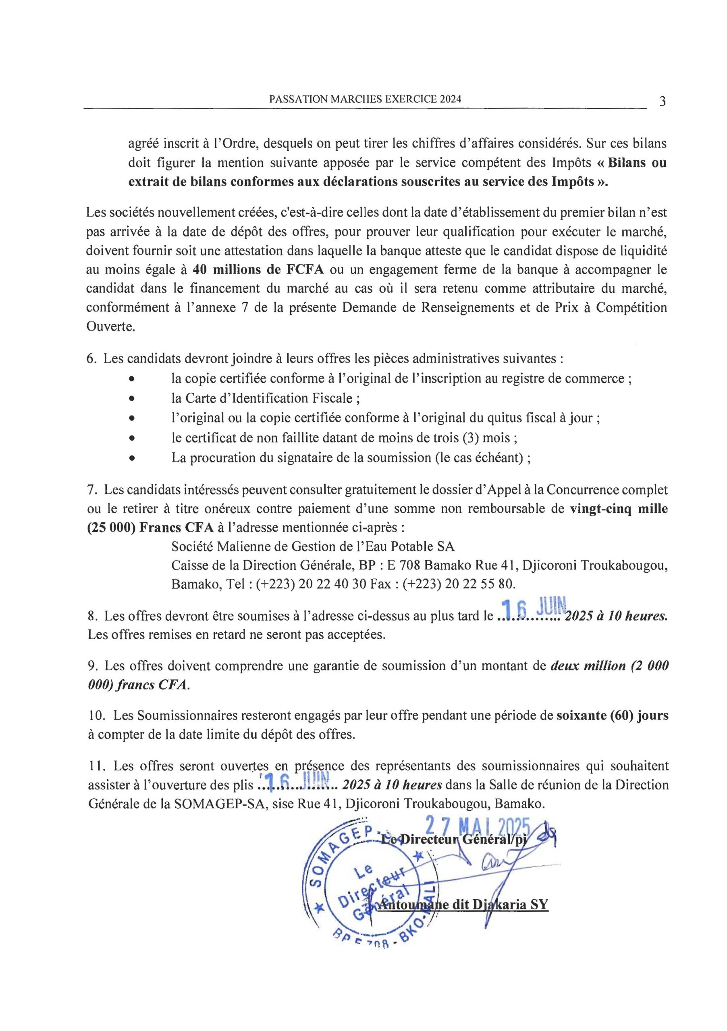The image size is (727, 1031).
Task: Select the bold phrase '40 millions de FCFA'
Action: coord(259,270)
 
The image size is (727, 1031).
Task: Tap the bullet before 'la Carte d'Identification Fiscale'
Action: coord(132,399)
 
